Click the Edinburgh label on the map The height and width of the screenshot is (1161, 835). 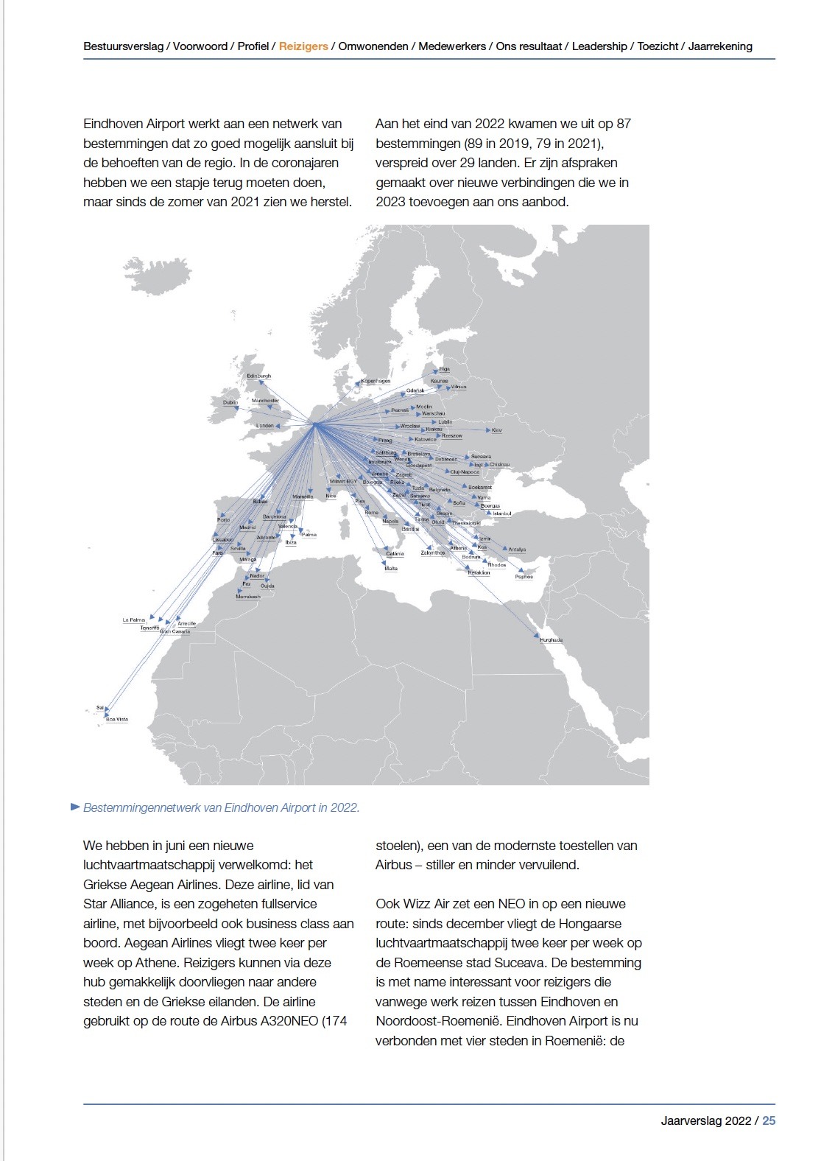tap(258, 376)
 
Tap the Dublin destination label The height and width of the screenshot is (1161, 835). tap(230, 402)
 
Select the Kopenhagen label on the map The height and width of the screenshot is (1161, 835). tap(376, 381)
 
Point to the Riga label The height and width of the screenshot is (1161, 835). tap(444, 369)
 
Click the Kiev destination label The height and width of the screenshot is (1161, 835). tap(496, 429)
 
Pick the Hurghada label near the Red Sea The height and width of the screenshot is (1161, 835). tap(551, 639)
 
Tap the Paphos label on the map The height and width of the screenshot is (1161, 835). tap(524, 577)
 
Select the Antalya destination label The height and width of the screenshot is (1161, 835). tap(517, 550)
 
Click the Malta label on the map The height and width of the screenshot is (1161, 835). tap(391, 569)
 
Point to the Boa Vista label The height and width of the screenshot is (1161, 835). tap(117, 719)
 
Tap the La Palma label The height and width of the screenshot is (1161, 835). tap(133, 620)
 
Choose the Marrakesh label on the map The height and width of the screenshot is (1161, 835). tap(248, 596)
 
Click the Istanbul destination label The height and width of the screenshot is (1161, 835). tap(501, 513)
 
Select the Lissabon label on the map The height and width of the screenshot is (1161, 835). tap(222, 540)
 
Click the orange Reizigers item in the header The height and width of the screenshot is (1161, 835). tap(303, 46)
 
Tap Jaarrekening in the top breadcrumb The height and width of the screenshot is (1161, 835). tap(720, 46)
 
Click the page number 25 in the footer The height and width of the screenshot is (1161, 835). tap(769, 1120)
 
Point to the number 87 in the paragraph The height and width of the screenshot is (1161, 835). tap(623, 124)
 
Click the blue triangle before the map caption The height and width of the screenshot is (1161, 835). tap(74, 807)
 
